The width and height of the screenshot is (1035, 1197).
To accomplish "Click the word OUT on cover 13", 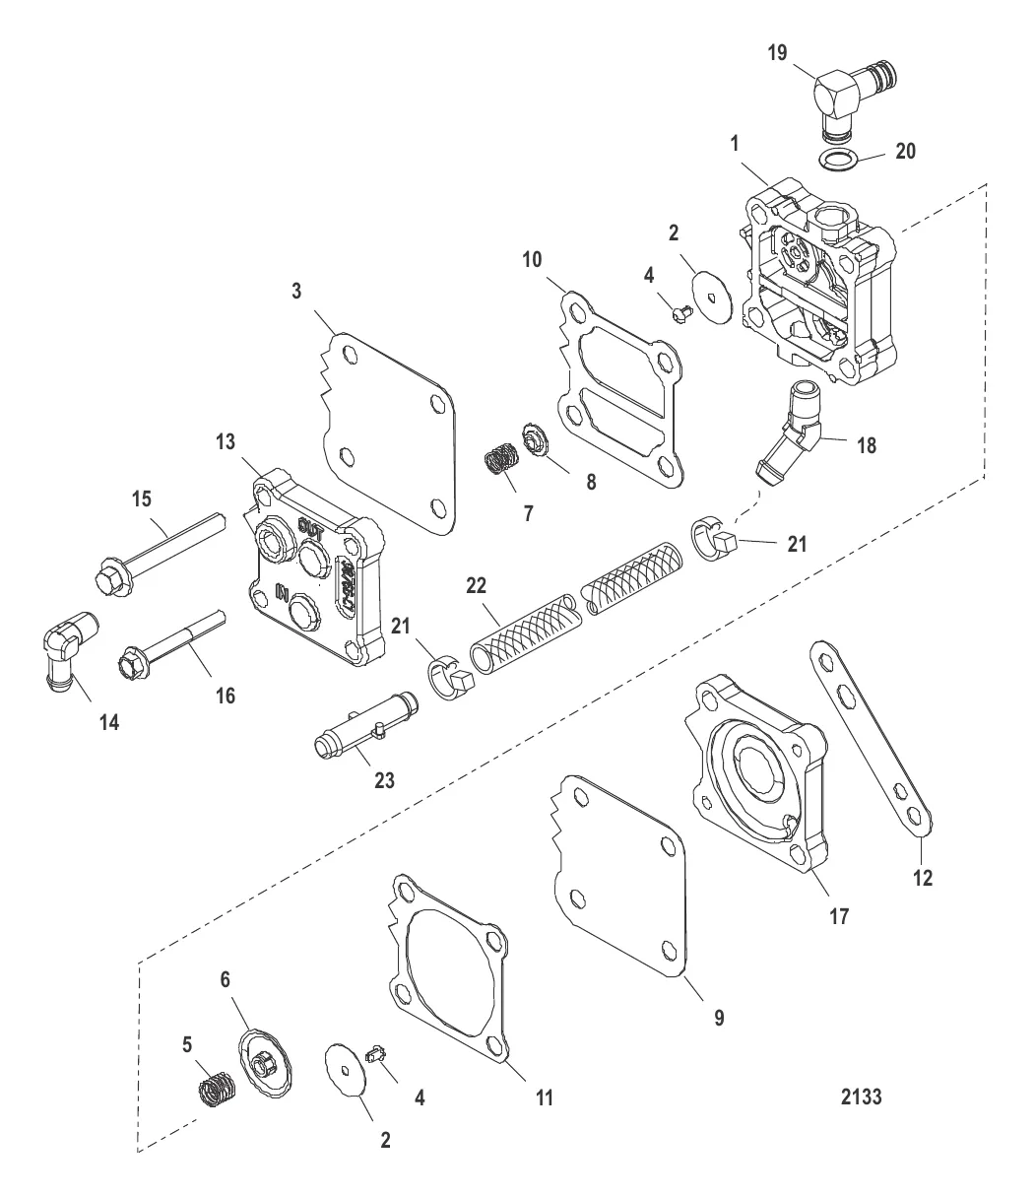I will pos(311,527).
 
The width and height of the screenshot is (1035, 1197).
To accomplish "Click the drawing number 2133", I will pos(861,1097).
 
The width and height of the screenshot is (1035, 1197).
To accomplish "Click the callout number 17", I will pos(840,915).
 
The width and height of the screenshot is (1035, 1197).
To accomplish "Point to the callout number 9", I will pos(719,1018).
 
